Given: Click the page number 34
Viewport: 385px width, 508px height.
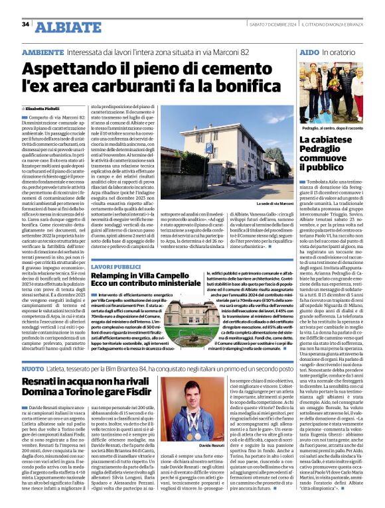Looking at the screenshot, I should [x=27, y=24].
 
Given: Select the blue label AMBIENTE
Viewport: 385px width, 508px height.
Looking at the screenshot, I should [x=42, y=51].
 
